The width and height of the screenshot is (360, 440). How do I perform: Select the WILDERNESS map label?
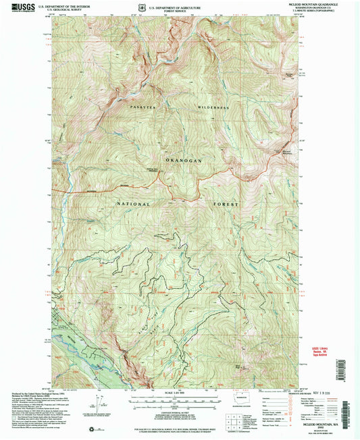point(214,108)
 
